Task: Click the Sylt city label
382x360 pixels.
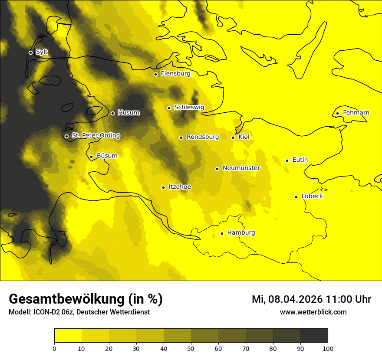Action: click(x=42, y=52)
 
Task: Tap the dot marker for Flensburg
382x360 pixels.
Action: click(x=155, y=74)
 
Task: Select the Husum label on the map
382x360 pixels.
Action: click(x=128, y=113)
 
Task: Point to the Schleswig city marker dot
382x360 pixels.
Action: click(x=169, y=108)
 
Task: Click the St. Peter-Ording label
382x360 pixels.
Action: click(x=95, y=136)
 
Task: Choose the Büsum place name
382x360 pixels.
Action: click(x=107, y=156)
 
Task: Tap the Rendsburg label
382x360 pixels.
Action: click(x=202, y=137)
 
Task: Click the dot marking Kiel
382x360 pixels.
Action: click(x=233, y=137)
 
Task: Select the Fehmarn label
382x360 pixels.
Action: click(x=356, y=113)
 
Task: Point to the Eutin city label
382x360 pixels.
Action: click(x=300, y=160)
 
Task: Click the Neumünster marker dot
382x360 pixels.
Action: click(x=217, y=169)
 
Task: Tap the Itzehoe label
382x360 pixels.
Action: click(x=180, y=187)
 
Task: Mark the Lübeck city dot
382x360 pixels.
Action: click(x=296, y=197)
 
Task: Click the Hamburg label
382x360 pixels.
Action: click(x=241, y=233)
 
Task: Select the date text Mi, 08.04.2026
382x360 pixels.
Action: click(x=287, y=299)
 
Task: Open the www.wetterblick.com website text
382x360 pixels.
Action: click(x=313, y=312)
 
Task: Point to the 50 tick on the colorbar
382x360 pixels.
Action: click(x=191, y=348)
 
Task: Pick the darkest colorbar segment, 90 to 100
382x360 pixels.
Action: click(x=314, y=335)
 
